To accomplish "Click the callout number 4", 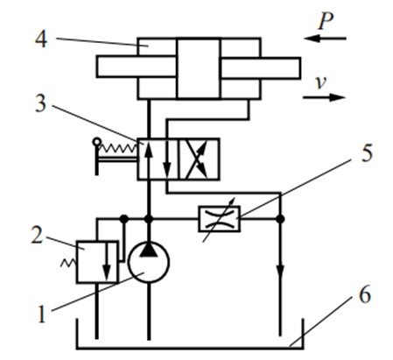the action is [41, 39].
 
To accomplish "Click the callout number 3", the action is [40, 103].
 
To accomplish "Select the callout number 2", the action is [37, 236].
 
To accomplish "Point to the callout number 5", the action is [368, 153].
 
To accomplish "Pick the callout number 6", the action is [365, 295].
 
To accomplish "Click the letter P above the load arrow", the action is [326, 21].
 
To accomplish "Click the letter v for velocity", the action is [321, 83].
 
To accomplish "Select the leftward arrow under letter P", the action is [325, 39].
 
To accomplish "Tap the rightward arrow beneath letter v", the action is [324, 97].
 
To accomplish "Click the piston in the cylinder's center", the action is [199, 68].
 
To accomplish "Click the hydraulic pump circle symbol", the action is [149, 262].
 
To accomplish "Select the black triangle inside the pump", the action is [149, 250].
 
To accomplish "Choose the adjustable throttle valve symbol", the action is [219, 219].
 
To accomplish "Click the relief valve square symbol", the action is [97, 262].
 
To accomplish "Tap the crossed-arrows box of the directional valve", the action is [199, 159].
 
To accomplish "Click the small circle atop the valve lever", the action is [96, 142].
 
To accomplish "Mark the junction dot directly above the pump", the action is [149, 219].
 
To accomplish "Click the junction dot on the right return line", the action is [280, 219].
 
